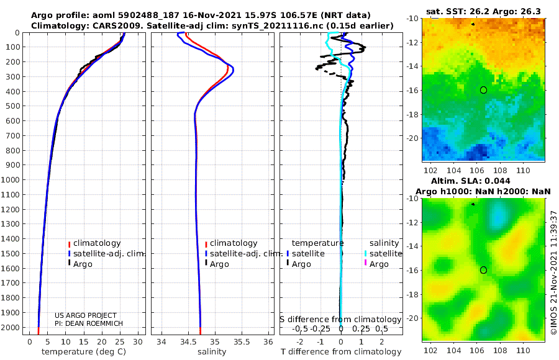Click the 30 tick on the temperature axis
point(138,341)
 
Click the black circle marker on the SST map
point(483,90)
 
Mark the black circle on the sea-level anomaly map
point(483,269)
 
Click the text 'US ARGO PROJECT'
point(85,315)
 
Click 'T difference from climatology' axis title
point(341,352)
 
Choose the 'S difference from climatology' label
point(341,319)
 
